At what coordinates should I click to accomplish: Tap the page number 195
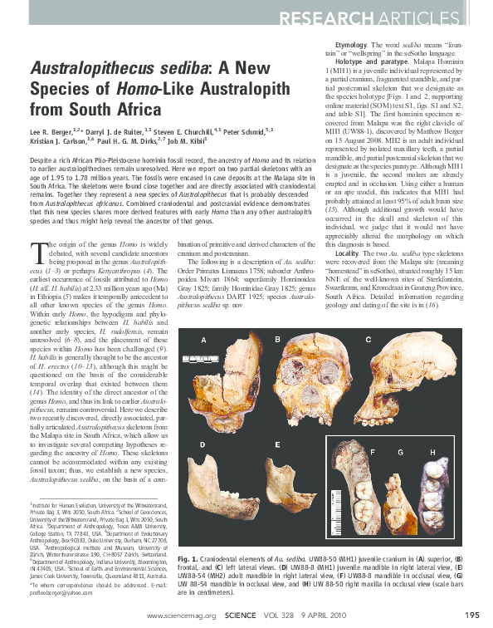click(x=472, y=616)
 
